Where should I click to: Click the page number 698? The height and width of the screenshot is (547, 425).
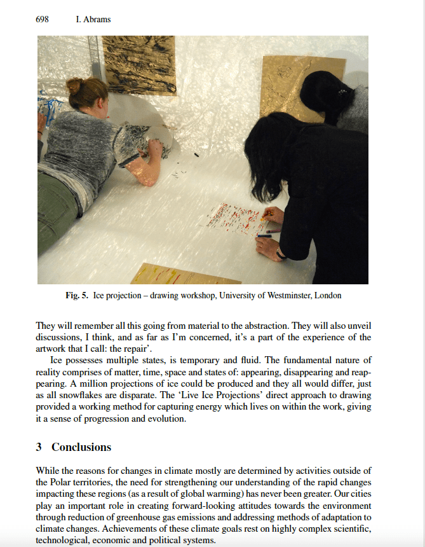pos(43,20)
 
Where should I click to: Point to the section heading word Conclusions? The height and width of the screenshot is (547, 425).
pos(81,447)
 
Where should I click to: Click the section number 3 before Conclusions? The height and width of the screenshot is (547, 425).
pos(39,447)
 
